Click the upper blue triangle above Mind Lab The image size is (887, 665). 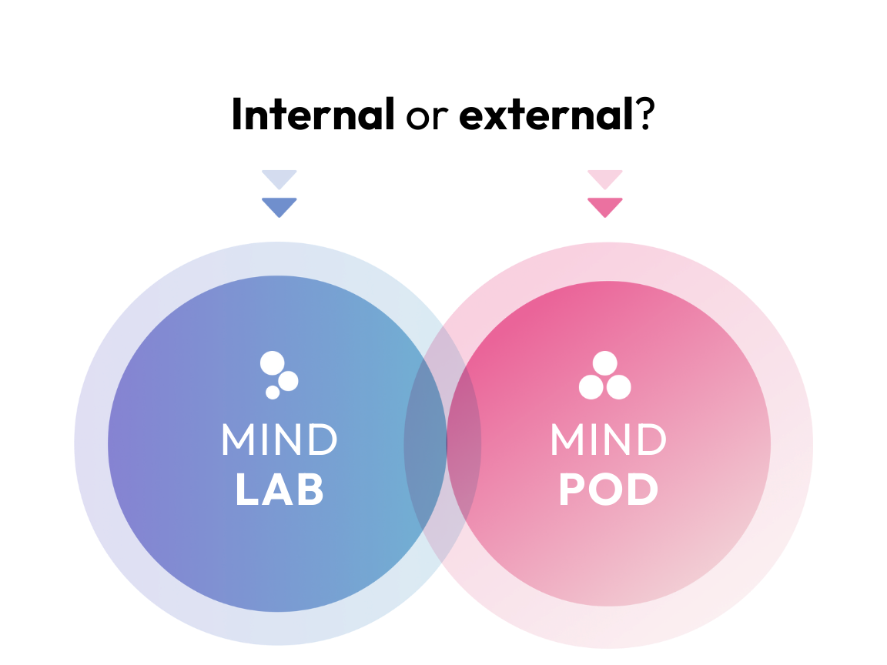279,178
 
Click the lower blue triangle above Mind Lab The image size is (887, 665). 279,206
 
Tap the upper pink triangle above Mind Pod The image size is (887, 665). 604,178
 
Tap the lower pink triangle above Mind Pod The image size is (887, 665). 604,206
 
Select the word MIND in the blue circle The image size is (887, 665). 279,440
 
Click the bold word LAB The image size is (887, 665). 279,490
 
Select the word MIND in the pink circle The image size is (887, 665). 608,440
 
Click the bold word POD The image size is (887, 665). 608,490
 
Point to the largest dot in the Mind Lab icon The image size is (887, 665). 272,363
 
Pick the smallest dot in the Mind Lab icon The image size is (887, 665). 273,393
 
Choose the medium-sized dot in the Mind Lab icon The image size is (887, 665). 289,381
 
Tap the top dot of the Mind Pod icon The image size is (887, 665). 605,363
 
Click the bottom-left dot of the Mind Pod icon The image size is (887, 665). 591,387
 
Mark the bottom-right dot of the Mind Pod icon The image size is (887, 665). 619,387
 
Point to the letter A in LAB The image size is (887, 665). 279,490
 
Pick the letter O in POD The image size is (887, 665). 608,490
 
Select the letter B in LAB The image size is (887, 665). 309,490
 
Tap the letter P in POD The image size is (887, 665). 571,490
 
